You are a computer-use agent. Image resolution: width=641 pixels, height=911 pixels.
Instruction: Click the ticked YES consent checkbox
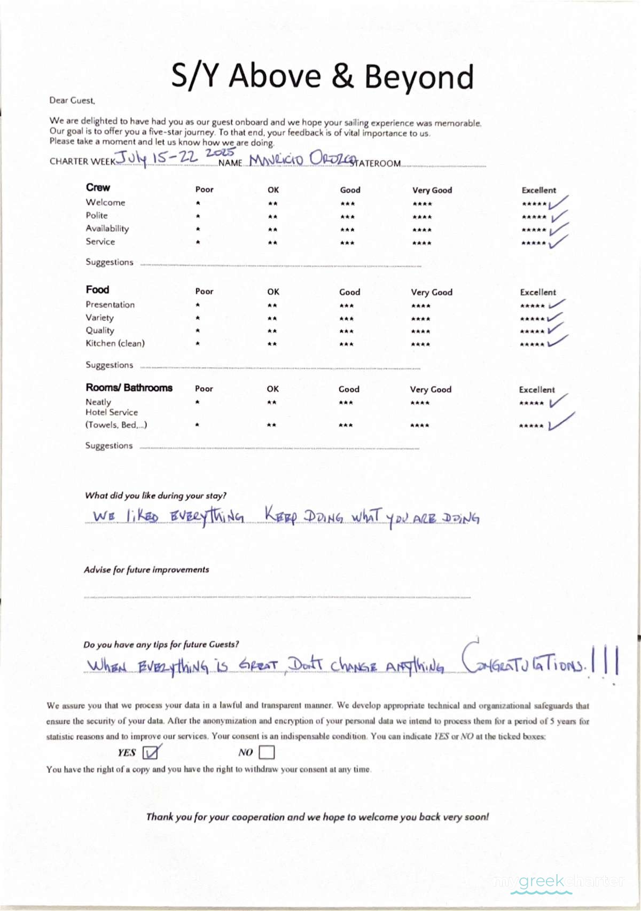[x=151, y=752]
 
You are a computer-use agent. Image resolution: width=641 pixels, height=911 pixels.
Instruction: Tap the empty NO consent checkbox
[x=267, y=752]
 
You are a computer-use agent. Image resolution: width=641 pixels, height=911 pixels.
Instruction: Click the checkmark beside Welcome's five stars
[x=558, y=202]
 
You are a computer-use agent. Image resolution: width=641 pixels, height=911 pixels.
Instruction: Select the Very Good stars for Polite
[x=422, y=217]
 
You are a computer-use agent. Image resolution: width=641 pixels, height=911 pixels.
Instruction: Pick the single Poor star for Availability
[x=198, y=230]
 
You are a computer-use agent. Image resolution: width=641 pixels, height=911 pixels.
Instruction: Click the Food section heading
[x=97, y=289]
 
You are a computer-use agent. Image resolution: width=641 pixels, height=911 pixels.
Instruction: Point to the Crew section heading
[x=98, y=187]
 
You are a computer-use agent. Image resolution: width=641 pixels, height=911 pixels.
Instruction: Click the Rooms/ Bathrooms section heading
[x=129, y=388]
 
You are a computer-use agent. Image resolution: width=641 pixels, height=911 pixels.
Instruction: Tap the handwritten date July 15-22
[x=156, y=158]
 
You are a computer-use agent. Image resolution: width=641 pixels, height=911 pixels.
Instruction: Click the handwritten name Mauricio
[x=276, y=160]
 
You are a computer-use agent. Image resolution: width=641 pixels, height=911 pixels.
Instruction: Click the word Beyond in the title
[x=419, y=77]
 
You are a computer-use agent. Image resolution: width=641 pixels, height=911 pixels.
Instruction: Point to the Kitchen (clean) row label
[x=115, y=343]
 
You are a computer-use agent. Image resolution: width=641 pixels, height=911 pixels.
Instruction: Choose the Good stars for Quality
[x=346, y=331]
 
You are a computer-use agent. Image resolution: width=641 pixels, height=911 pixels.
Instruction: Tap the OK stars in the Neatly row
[x=272, y=403]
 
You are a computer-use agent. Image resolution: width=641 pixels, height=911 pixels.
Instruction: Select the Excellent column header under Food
[x=538, y=292]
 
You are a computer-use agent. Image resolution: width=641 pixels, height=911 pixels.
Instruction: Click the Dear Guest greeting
[x=72, y=100]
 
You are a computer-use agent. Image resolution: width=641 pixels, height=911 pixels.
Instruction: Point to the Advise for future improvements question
[x=146, y=570]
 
